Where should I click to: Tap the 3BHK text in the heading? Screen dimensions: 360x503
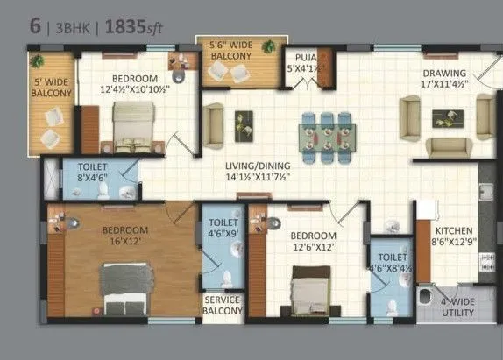tap(73, 25)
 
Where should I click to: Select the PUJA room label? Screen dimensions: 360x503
tap(304, 63)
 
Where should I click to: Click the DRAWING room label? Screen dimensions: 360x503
tap(444, 80)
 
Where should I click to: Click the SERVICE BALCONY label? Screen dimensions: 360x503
tap(223, 305)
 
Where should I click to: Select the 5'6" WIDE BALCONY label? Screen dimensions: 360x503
tap(231, 51)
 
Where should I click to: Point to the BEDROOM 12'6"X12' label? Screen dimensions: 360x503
tap(313, 242)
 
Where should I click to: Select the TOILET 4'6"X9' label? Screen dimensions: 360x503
tap(223, 229)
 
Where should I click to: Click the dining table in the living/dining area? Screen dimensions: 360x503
tap(326, 136)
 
